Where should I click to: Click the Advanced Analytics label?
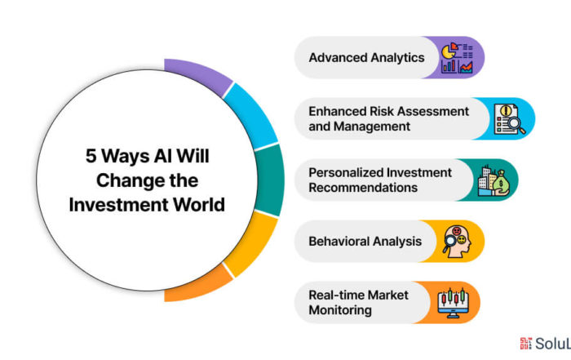click(x=366, y=58)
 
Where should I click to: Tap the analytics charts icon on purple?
click(x=457, y=58)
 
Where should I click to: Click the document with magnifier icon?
click(x=510, y=119)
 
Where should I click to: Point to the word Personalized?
click(x=346, y=172)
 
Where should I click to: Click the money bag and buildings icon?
click(x=494, y=180)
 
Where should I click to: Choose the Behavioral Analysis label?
click(x=365, y=241)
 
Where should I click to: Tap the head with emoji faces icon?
click(x=457, y=242)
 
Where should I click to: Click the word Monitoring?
click(x=340, y=310)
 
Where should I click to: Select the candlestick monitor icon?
click(x=453, y=303)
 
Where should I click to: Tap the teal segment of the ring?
click(x=270, y=180)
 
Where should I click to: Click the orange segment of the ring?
click(x=197, y=285)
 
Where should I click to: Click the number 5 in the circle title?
click(x=91, y=156)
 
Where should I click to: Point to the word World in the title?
click(x=199, y=204)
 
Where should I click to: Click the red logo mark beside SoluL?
click(x=525, y=343)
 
